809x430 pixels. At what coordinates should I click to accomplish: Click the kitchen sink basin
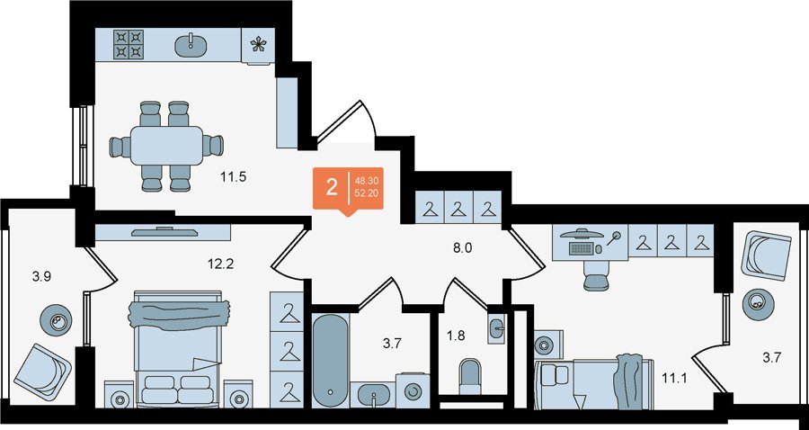click(191, 44)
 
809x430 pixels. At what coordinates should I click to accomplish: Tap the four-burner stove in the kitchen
click(129, 44)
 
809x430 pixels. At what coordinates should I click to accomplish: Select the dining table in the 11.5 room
click(166, 145)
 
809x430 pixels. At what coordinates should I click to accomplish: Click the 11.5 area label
click(234, 178)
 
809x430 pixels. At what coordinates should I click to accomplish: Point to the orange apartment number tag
click(348, 188)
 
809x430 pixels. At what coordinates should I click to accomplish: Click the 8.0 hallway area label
click(461, 247)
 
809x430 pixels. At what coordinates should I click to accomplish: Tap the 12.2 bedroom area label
click(220, 264)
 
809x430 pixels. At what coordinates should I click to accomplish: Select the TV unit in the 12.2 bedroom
click(163, 232)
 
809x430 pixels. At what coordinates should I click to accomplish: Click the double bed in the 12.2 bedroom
click(179, 348)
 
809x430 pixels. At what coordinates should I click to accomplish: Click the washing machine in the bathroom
click(413, 390)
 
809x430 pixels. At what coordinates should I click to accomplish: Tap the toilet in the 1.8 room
click(470, 377)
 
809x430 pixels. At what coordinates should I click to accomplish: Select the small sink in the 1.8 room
click(497, 327)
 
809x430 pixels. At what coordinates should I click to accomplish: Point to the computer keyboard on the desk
click(581, 248)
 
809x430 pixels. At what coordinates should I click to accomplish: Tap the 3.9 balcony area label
click(41, 276)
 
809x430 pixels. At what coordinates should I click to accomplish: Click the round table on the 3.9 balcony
click(56, 320)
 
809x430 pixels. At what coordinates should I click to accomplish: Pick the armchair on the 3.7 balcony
click(766, 255)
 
